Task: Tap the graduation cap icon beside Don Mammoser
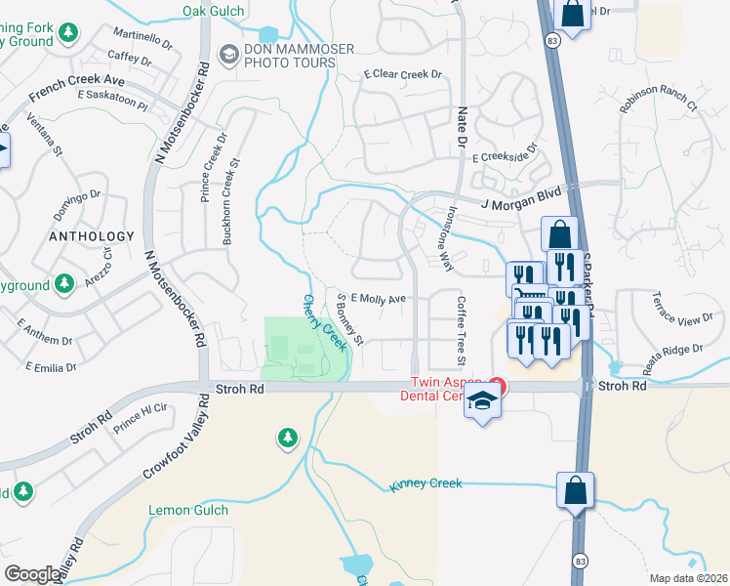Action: tap(228, 53)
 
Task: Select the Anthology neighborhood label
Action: tap(93, 236)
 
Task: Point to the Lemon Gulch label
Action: tap(188, 510)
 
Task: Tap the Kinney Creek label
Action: tap(425, 483)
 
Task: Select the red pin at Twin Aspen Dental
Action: tap(498, 386)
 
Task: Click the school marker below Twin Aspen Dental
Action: tap(483, 402)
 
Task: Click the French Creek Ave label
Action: tap(77, 89)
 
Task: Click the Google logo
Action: tap(31, 574)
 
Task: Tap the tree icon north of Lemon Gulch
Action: tap(287, 439)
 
